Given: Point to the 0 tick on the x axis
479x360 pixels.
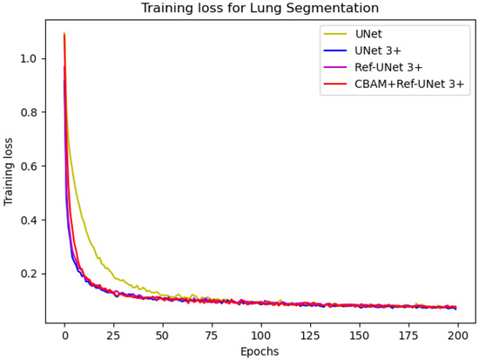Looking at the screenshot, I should pos(64,335).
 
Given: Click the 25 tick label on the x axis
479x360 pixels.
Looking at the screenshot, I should pos(113,335).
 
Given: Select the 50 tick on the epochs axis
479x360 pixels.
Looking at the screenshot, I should pos(163,335).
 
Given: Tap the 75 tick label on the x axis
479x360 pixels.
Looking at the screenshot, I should pos(212,335).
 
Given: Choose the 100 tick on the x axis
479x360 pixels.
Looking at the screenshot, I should pos(261,335).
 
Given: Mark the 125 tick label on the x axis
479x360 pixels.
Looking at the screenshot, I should pos(310,335).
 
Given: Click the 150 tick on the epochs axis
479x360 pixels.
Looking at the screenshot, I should pos(360,335).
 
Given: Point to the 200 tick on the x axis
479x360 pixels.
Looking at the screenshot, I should pos(458,335).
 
